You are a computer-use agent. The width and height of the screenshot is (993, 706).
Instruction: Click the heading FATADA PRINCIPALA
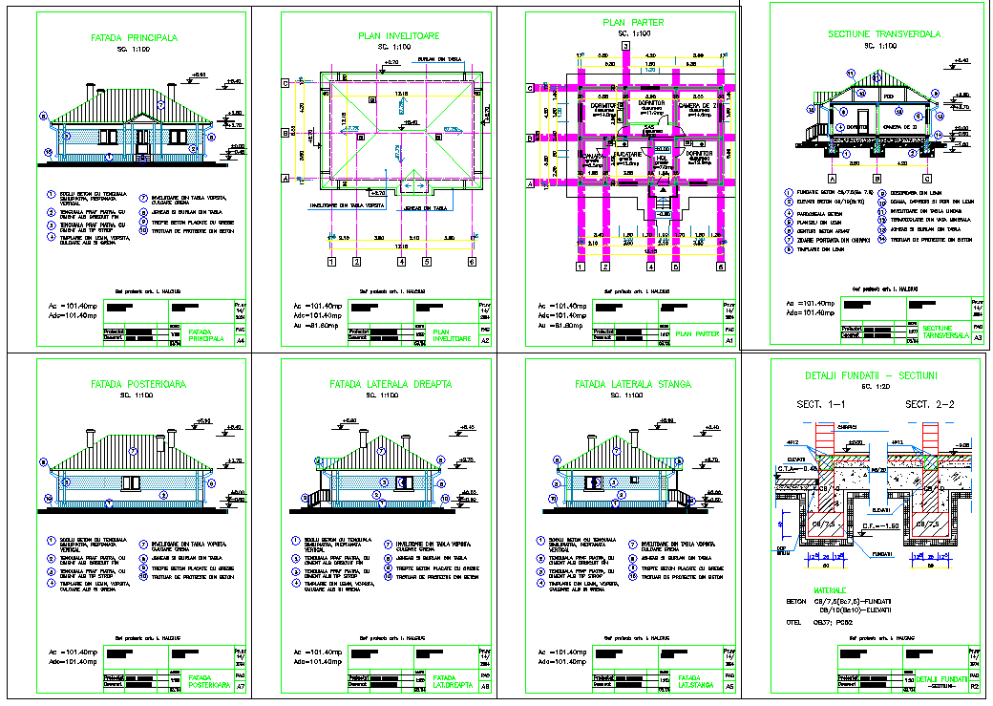click(x=134, y=39)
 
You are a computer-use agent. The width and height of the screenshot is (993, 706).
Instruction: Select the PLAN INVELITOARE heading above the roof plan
click(x=398, y=35)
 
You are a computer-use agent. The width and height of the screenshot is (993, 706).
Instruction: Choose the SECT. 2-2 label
click(x=931, y=405)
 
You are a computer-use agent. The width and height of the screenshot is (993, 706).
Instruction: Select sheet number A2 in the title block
click(x=485, y=340)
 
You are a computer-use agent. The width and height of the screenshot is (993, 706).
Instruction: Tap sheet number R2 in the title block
click(x=975, y=686)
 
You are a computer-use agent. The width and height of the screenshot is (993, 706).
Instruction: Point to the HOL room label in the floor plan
click(x=662, y=159)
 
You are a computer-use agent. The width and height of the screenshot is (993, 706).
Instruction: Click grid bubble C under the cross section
click(x=926, y=178)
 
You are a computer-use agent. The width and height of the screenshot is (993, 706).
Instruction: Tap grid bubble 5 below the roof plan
click(x=427, y=260)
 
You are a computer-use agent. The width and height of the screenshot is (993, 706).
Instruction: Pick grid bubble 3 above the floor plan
click(x=625, y=46)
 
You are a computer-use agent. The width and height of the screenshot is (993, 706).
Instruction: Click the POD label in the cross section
click(x=888, y=96)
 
